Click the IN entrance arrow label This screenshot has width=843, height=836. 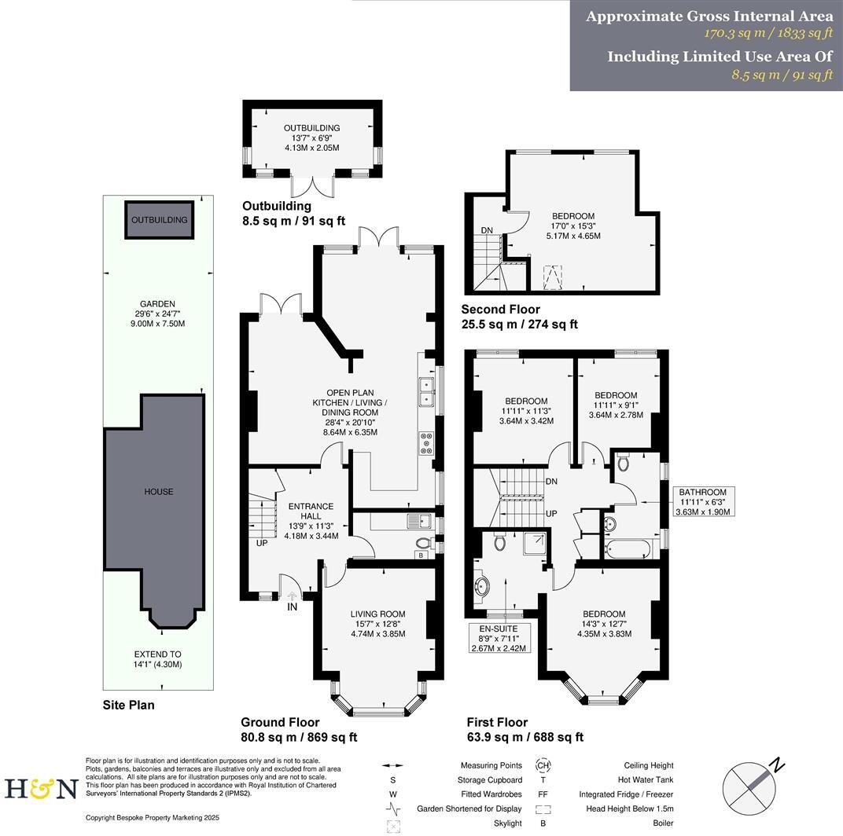coord(293,607)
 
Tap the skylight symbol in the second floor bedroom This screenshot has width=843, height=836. coord(555,277)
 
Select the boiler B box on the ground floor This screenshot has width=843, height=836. coord(421,555)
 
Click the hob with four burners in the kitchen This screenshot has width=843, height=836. coord(427,444)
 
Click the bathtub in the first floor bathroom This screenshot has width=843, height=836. coord(628,548)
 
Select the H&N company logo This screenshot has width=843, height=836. coord(41,787)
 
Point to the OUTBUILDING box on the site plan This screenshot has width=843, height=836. coord(160,219)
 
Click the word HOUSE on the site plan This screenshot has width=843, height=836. coord(158,492)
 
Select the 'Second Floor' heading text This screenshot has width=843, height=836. coord(500,310)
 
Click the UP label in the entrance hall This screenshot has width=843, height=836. coord(261,543)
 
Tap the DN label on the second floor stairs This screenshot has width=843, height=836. coord(487,231)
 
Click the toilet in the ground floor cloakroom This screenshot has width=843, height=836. coord(422,541)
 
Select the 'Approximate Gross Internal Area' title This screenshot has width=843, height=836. coord(709,16)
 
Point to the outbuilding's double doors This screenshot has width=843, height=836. coord(311,187)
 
